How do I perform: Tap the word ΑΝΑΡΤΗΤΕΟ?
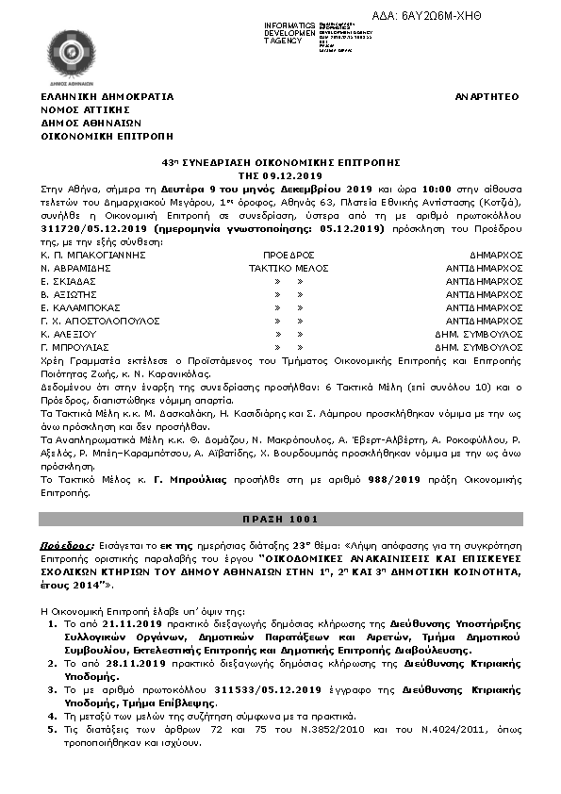tap(487, 97)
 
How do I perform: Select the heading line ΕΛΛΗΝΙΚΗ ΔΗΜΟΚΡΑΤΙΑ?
tap(107, 97)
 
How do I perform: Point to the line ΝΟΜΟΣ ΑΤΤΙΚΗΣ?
tap(84, 109)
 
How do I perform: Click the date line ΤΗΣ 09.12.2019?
tap(280, 175)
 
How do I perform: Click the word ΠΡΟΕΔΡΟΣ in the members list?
tap(289, 255)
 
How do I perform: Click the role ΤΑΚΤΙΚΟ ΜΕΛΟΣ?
tap(288, 268)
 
